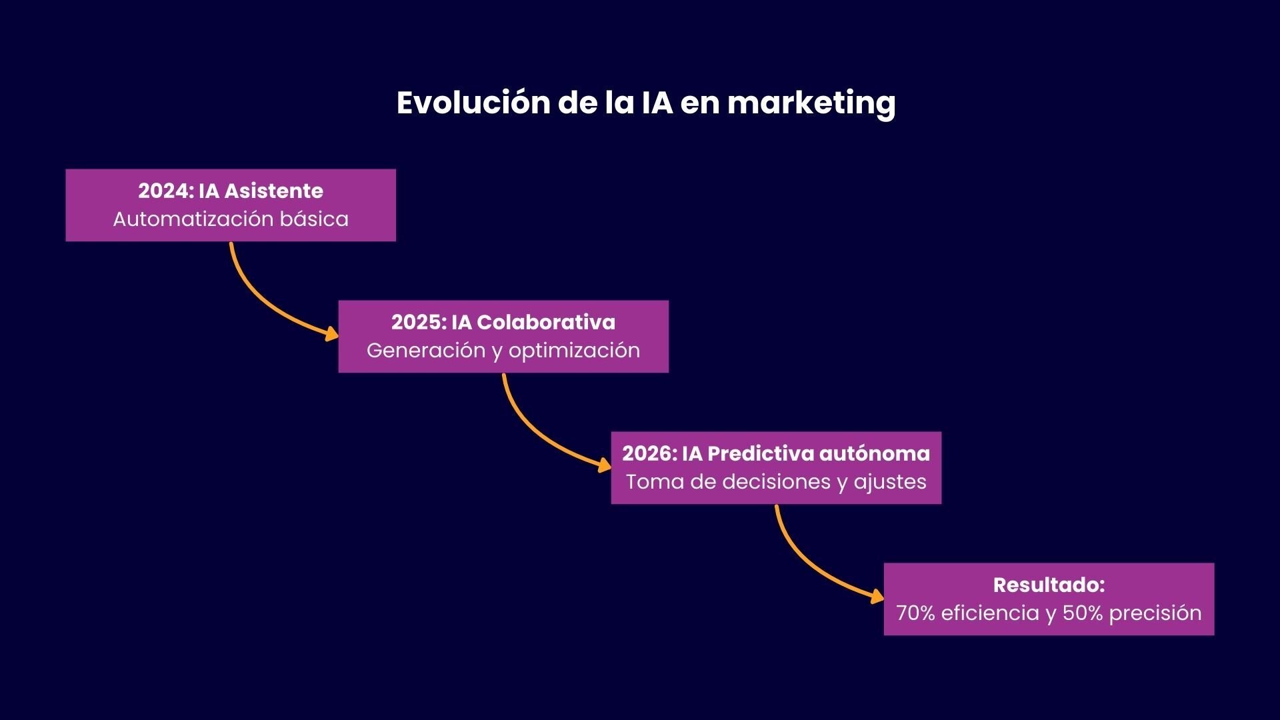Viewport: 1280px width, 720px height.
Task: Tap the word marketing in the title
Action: (x=811, y=103)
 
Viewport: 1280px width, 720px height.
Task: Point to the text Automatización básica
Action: (x=231, y=219)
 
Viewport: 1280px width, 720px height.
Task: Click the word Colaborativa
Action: (x=546, y=323)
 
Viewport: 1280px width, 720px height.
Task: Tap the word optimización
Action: (x=574, y=351)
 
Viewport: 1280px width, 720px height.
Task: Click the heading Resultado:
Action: (x=1049, y=585)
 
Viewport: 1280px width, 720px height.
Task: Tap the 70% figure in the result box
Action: (x=915, y=613)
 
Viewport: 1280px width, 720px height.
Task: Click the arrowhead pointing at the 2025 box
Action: (x=332, y=333)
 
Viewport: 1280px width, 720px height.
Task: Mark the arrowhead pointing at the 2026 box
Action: (x=605, y=465)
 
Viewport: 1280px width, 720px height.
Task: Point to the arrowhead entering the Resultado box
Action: (x=877, y=596)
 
